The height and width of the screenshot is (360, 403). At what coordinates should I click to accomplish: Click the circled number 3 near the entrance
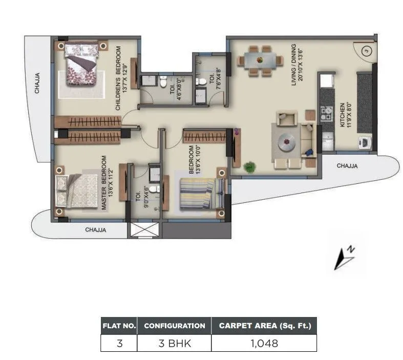(366, 50)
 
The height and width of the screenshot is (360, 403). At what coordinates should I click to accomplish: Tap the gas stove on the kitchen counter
(326, 114)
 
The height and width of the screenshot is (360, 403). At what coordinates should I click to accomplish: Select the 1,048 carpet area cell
(264, 343)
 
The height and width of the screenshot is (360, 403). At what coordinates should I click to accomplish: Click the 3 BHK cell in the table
(174, 343)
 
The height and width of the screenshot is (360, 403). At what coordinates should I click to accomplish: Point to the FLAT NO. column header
(119, 325)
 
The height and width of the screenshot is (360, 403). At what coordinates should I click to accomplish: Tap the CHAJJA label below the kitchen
(347, 165)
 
